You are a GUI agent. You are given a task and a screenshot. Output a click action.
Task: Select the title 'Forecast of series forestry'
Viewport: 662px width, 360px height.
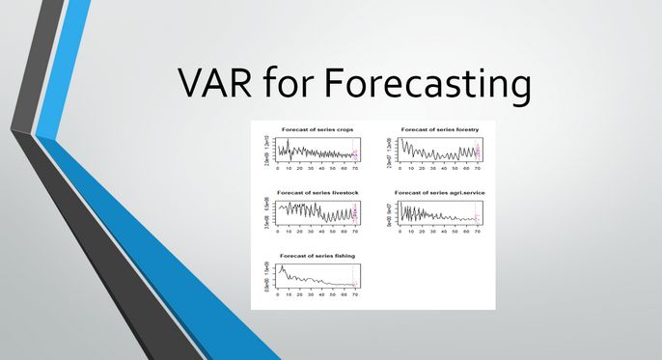click(x=440, y=129)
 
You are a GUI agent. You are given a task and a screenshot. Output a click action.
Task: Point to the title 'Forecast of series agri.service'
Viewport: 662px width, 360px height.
click(x=440, y=192)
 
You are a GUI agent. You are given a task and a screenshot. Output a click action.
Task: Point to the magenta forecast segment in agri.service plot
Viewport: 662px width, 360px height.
click(x=477, y=218)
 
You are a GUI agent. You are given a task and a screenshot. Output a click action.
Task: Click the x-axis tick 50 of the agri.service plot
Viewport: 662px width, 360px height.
click(x=455, y=232)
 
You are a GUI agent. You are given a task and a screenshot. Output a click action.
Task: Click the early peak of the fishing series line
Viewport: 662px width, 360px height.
click(x=282, y=267)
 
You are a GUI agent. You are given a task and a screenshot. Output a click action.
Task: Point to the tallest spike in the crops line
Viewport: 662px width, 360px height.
click(x=288, y=141)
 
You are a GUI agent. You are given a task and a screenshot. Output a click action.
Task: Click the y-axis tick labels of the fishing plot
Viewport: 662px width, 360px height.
click(x=266, y=277)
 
